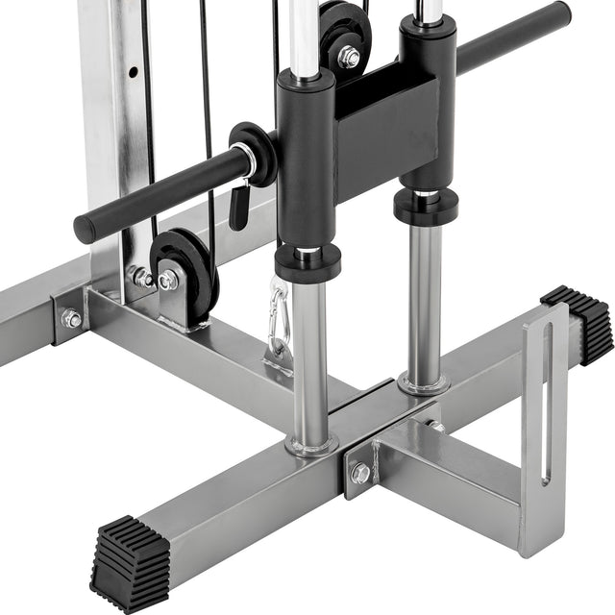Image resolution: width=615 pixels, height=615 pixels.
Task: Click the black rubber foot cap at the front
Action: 129,563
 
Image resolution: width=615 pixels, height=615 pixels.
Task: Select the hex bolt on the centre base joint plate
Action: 360,473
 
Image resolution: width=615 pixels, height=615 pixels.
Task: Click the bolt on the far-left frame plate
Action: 71,319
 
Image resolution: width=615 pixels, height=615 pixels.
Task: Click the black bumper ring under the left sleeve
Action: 307,261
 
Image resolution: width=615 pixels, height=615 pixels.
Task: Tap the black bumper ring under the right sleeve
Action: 426,208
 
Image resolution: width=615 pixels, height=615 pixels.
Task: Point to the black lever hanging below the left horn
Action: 238,205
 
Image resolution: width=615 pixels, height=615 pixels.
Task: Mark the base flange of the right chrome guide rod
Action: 424,385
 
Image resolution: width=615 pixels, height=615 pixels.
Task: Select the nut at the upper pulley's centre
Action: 349,57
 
